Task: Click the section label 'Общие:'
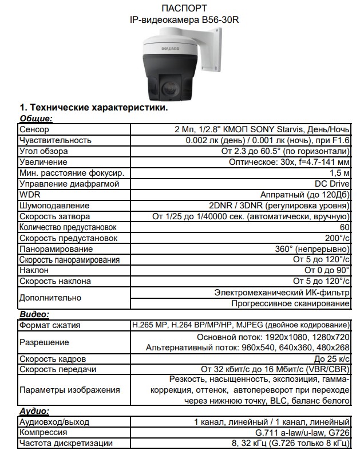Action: [36, 119]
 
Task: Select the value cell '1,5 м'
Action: [339, 173]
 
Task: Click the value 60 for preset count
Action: [345, 227]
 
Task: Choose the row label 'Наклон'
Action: [34, 270]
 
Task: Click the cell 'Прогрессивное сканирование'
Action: [290, 303]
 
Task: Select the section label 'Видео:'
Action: [34, 314]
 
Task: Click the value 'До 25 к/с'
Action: [331, 359]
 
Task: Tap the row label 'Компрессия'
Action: [43, 432]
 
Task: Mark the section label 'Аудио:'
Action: [35, 410]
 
